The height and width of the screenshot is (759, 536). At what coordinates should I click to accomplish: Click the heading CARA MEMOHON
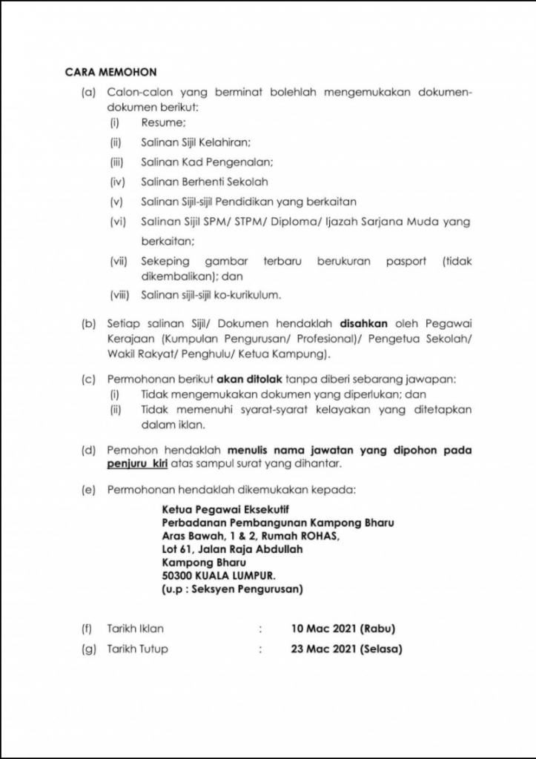point(110,72)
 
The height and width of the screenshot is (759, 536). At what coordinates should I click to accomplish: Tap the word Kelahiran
point(226,142)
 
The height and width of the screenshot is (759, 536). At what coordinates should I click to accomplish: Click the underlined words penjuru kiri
point(138,464)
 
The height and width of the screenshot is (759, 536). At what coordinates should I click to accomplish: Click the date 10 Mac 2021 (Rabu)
point(343,629)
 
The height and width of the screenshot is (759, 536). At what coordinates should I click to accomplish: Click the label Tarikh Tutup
point(138,649)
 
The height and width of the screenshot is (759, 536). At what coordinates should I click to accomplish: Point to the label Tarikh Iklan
point(136,629)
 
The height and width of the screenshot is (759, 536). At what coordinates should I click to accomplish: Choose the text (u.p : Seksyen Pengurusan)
point(232,589)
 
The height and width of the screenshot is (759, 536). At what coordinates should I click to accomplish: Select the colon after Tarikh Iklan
point(261,629)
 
